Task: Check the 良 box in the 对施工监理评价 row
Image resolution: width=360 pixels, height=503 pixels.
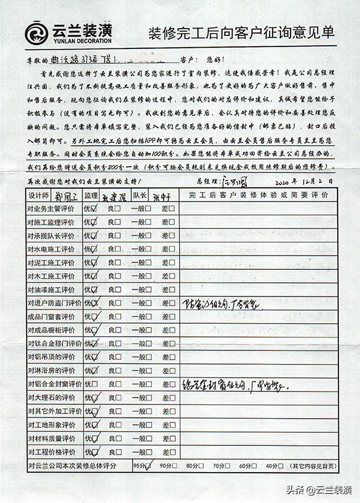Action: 117,223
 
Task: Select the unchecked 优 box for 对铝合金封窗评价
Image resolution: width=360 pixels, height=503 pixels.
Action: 94,384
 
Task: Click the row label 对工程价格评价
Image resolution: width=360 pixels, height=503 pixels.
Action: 51,452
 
